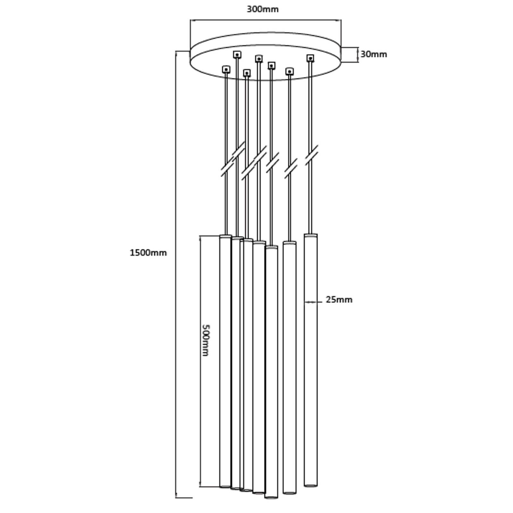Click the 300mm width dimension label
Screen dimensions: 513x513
click(x=263, y=9)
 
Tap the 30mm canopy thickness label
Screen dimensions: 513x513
click(x=374, y=54)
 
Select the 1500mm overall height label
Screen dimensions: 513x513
click(x=148, y=253)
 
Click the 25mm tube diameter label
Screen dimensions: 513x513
click(x=339, y=299)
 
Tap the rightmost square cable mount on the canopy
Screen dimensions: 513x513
click(x=310, y=58)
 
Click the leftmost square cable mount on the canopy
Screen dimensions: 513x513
click(x=226, y=69)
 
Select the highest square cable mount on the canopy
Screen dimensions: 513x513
click(x=237, y=55)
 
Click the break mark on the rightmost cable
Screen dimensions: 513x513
click(x=311, y=155)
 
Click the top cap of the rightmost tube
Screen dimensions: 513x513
click(x=311, y=235)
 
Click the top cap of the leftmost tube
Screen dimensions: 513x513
click(x=226, y=237)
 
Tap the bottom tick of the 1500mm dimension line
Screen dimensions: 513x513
click(x=184, y=507)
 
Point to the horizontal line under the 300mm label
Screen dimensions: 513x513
click(x=266, y=21)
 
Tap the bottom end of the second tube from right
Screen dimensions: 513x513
click(x=290, y=501)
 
